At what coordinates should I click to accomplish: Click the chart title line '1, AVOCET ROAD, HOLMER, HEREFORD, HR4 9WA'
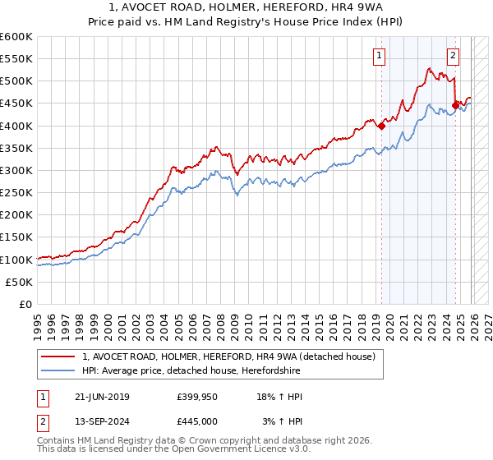coord(246,8)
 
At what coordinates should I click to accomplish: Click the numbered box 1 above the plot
coord(379,56)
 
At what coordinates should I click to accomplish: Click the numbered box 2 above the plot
coord(453,56)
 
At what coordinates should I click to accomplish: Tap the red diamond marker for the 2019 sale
coord(381,126)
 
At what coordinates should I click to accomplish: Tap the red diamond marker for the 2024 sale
coord(455,105)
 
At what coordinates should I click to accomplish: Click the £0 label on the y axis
coord(25,304)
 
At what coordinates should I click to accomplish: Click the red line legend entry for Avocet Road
coord(228,356)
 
